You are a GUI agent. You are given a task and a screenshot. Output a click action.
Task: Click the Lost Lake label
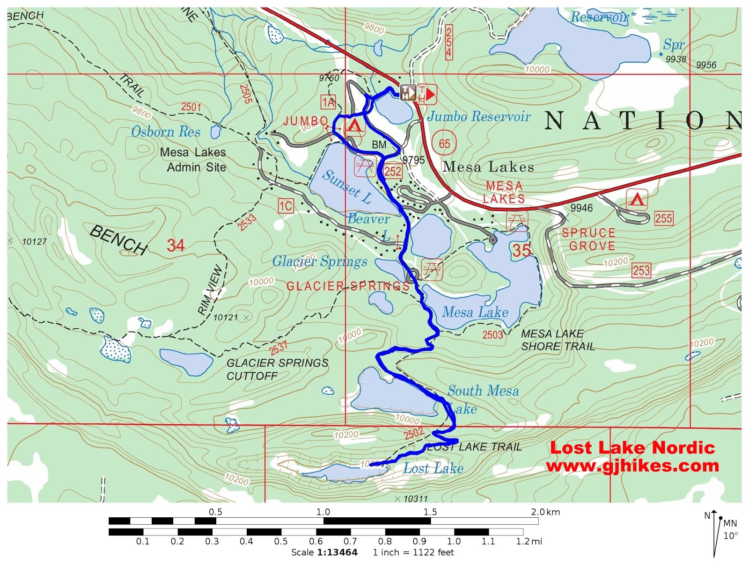[433, 468]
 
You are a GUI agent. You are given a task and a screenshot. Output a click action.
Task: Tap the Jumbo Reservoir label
[478, 116]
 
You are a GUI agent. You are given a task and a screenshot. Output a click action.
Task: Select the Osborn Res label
[166, 132]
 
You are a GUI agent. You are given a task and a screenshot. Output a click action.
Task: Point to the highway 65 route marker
[444, 144]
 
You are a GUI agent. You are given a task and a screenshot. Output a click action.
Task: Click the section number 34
[176, 246]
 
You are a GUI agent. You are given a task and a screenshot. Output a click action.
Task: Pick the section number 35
[521, 251]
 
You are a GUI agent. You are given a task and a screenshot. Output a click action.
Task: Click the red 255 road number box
[663, 218]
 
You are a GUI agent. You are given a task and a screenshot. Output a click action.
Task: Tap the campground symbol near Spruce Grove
[637, 200]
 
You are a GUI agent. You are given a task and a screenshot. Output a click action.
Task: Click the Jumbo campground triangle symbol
[354, 126]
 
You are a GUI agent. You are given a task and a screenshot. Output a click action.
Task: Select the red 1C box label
[286, 206]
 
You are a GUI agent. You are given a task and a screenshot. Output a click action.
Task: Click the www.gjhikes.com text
[632, 466]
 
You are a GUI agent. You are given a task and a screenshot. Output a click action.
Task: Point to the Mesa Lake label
[475, 312]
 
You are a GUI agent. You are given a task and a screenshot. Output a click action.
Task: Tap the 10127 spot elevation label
[35, 242]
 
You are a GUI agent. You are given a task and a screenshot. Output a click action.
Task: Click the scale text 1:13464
[337, 552]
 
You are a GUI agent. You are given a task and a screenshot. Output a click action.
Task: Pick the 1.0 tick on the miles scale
[454, 541]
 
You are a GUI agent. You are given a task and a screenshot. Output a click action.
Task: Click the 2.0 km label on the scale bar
[545, 512]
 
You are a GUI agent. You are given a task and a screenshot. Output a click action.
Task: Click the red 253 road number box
[641, 270]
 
